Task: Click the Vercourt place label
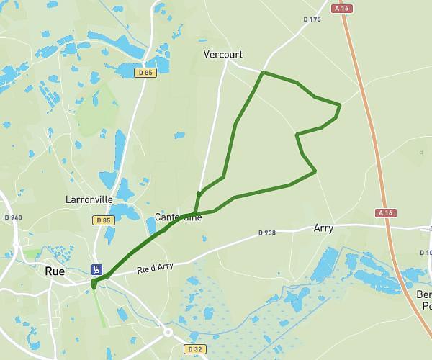(x=222, y=55)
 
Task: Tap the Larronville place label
(x=89, y=199)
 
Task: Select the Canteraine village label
(x=179, y=217)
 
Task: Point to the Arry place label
(x=323, y=228)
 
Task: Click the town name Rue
(x=55, y=271)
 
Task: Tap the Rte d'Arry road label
(x=156, y=267)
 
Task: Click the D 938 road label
(x=267, y=233)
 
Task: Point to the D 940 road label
(x=13, y=217)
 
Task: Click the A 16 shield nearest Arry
(x=386, y=212)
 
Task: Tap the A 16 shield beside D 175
(x=341, y=9)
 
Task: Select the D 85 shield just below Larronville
(x=104, y=220)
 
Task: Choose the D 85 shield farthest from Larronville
(x=145, y=72)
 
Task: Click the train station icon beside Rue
(x=96, y=269)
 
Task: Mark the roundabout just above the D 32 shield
(x=168, y=333)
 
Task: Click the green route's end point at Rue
(x=94, y=285)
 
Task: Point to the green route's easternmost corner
(x=339, y=106)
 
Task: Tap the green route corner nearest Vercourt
(x=263, y=73)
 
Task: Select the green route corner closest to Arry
(x=315, y=171)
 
